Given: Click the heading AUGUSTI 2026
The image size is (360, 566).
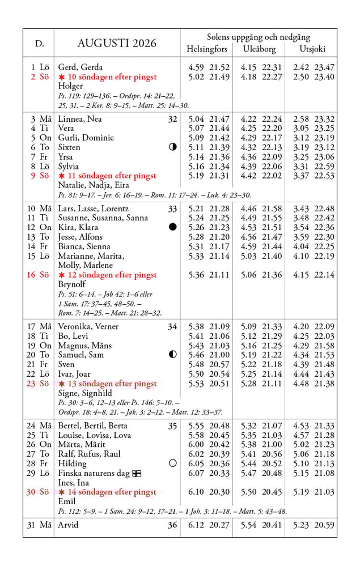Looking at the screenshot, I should click(x=117, y=43).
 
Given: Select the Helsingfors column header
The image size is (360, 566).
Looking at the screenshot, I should click(x=206, y=49).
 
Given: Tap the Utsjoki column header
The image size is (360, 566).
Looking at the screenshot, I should click(x=312, y=49).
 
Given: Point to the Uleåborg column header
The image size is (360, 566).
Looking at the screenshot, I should click(x=259, y=49).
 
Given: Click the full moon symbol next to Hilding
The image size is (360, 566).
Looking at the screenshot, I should click(x=173, y=463).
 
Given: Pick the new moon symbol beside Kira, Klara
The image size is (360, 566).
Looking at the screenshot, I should click(x=173, y=227).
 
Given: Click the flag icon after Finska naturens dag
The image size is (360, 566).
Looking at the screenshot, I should click(x=137, y=473).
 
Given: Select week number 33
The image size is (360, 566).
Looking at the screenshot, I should click(x=172, y=208).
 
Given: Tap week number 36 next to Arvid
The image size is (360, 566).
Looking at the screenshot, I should click(x=172, y=525).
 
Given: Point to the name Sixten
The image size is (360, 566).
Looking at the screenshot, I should click(x=69, y=147).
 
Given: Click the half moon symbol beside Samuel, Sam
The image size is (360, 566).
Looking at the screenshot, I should click(x=173, y=355).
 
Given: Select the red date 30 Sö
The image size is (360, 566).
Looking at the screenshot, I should click(x=38, y=492).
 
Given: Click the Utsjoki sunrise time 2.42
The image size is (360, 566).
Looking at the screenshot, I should click(x=301, y=67).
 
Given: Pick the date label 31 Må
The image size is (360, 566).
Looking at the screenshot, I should click(x=38, y=525).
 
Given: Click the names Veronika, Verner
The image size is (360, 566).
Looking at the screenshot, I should click(x=88, y=326).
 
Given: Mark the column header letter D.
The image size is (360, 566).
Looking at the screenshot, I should click(x=39, y=43).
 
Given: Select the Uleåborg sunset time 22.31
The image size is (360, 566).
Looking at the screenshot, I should click(x=272, y=67).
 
